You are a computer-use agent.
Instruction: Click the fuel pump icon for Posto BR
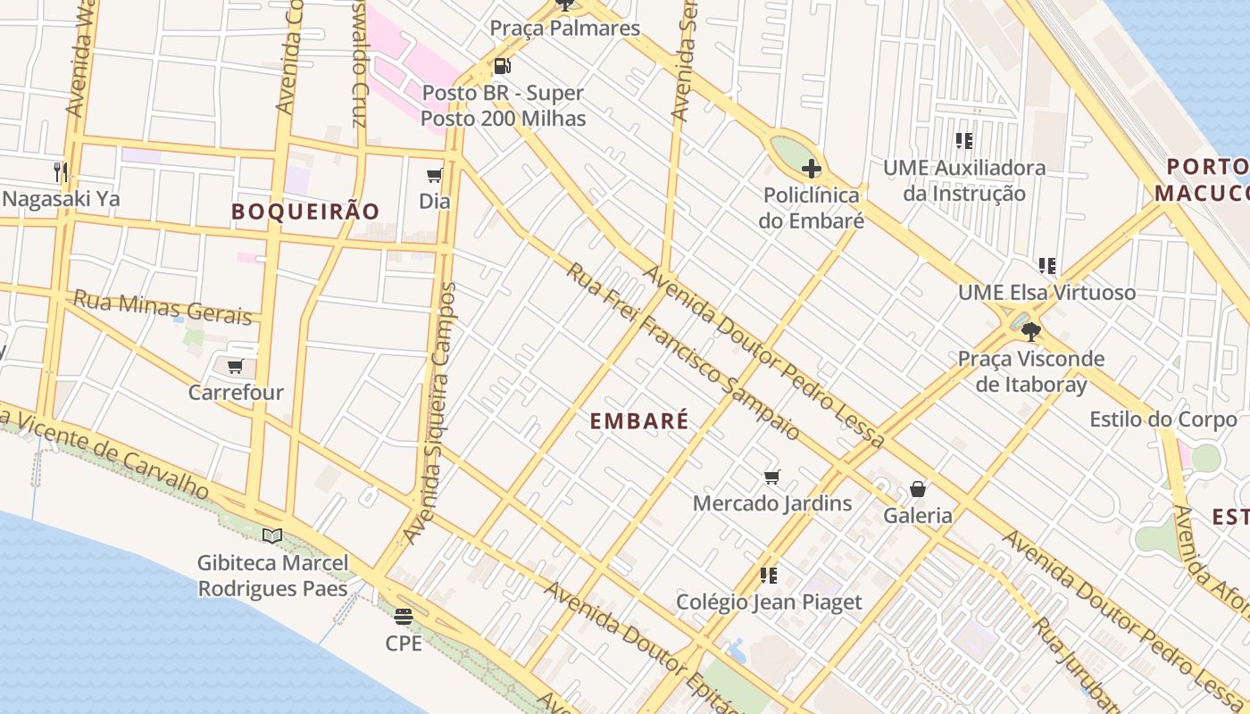pos(502,66)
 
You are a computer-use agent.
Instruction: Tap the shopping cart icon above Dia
pos(435,175)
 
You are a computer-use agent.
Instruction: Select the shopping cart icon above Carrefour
pos(236,366)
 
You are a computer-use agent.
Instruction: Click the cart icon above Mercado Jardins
pos(772,477)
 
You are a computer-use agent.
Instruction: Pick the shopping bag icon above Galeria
pos(917,489)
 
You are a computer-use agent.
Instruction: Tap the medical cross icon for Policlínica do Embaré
pos(811,169)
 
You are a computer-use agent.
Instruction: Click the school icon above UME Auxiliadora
pos(963,141)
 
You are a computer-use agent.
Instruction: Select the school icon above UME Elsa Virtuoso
pos(1046,266)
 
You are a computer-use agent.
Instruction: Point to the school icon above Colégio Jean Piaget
pos(768,576)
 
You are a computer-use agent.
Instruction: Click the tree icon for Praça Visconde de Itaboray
pos(1031,332)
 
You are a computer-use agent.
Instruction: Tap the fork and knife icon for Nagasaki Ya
pos(61,171)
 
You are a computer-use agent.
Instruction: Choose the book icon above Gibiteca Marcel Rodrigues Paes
pos(272,535)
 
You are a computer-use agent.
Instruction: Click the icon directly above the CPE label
pos(403,616)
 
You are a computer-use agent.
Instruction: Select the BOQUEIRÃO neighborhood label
pos(305,212)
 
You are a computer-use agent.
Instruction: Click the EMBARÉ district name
pos(639,421)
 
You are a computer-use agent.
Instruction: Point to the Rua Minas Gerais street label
pos(162,307)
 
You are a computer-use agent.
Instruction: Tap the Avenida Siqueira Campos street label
pos(432,412)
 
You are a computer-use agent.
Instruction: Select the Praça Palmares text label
pos(564,29)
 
